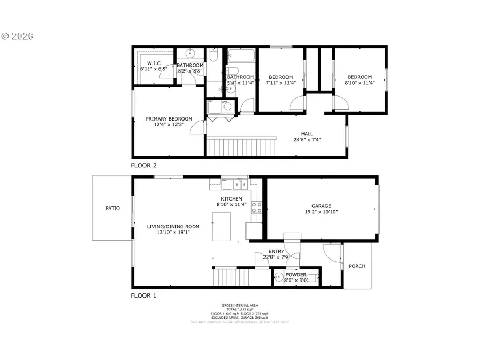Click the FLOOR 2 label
(143, 165)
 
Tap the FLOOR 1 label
(143, 295)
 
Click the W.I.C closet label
(147, 64)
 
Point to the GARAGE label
(321, 206)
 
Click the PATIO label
(113, 209)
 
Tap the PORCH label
(357, 266)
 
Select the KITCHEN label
(232, 198)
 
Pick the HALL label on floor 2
(307, 134)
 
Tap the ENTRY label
(276, 252)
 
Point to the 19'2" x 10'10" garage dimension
(321, 212)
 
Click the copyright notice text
(17, 36)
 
